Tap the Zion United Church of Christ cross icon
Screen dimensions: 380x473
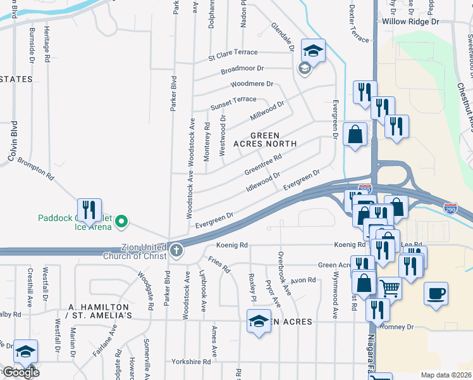coord(175,251)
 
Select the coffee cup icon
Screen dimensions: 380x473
coord(436,294)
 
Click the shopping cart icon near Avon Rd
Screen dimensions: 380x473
coord(390,288)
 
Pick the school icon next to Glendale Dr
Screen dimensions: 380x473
coord(312,50)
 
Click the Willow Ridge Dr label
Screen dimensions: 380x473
coord(410,22)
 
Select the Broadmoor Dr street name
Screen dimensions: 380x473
coord(242,68)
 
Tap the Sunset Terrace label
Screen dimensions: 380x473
coord(233,100)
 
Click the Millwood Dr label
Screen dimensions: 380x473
coord(267,111)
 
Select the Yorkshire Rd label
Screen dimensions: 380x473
coord(191,362)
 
